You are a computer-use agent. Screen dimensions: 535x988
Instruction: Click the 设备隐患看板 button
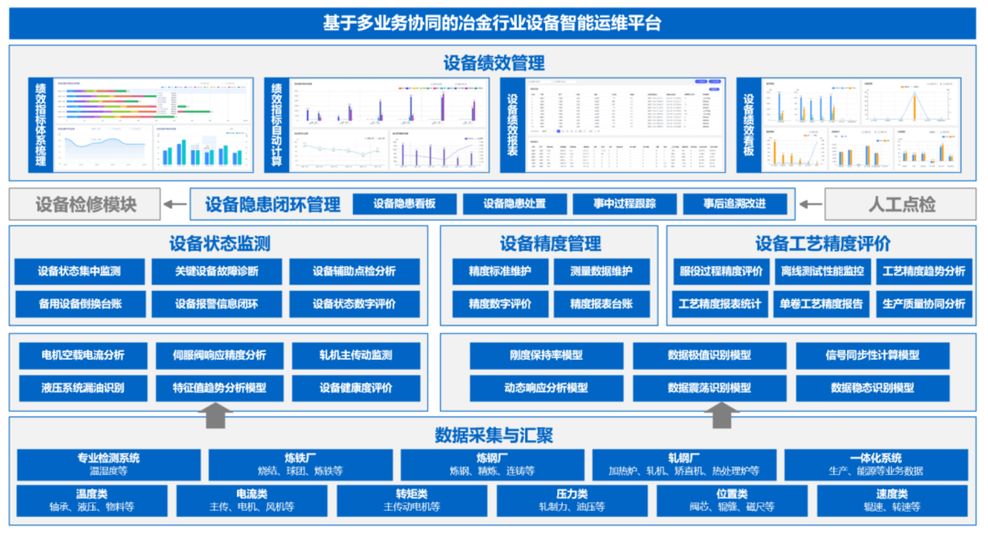click(404, 204)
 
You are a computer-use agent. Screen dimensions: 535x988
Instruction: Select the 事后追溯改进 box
click(734, 204)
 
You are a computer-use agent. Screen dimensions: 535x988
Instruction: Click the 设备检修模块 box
click(85, 204)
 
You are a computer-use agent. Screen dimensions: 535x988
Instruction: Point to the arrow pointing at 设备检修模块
click(175, 204)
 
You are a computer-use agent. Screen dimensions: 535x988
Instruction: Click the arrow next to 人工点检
click(810, 204)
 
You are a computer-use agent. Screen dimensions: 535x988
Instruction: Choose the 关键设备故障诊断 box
click(217, 271)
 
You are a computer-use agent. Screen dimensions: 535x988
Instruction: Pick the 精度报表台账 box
click(601, 304)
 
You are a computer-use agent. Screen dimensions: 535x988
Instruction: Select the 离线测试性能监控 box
click(822, 271)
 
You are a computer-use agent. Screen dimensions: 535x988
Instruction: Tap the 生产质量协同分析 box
click(923, 304)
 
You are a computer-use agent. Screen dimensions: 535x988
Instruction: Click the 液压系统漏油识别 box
click(83, 388)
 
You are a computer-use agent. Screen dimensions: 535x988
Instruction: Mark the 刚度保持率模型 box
click(546, 355)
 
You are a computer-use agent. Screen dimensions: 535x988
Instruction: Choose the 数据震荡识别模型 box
click(709, 388)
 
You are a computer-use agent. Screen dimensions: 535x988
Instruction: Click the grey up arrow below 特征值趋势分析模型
click(215, 415)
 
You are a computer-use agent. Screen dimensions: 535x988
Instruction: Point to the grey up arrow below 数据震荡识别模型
click(722, 415)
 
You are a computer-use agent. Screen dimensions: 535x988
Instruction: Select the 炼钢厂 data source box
click(492, 464)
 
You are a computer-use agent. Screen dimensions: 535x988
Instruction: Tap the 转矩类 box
click(412, 500)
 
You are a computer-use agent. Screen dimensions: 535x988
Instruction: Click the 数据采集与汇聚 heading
click(493, 435)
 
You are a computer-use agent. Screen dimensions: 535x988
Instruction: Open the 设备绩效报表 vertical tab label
click(512, 125)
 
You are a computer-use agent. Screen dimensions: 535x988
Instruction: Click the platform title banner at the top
click(492, 23)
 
